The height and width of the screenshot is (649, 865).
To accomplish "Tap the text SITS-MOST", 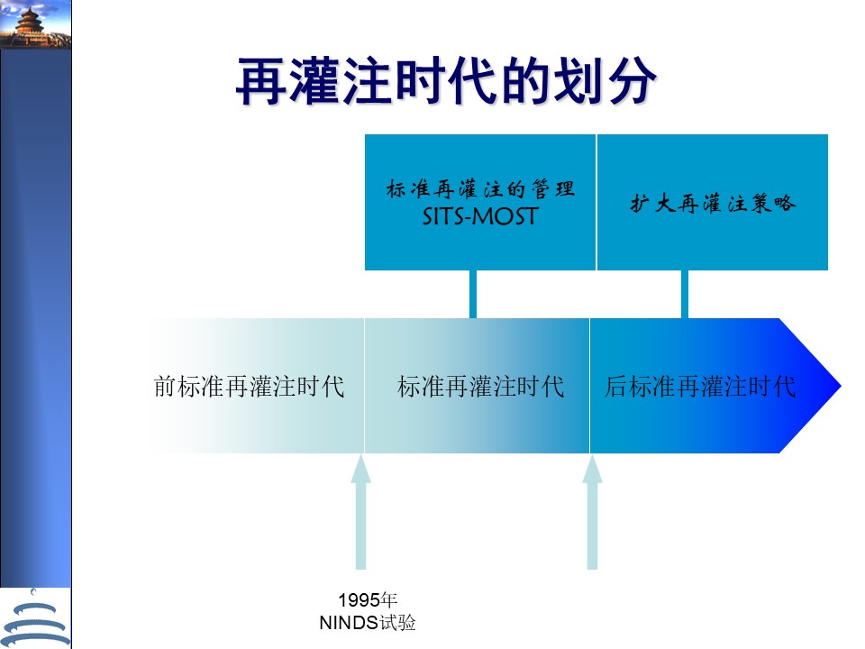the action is point(480,216).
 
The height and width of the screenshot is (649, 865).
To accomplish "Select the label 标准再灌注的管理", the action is point(480,189).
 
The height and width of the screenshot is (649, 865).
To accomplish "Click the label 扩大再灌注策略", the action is point(713,203).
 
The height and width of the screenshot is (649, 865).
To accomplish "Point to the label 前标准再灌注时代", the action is point(249,387).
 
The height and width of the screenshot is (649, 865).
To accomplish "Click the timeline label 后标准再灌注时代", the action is point(700,387).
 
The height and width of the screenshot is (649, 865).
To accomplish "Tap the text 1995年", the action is point(368,600).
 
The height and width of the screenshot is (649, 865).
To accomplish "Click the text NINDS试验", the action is point(368,623).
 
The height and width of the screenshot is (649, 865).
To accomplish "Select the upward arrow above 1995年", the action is point(360,512).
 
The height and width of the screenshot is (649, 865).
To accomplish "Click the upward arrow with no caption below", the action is point(593,512).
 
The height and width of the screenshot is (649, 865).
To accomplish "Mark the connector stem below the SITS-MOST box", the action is point(473,294).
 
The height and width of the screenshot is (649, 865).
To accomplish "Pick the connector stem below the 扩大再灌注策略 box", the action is point(685,294).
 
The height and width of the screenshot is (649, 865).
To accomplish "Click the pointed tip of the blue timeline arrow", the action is point(841,386).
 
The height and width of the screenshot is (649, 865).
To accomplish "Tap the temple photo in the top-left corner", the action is point(36,24).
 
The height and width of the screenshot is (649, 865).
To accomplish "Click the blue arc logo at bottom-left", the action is point(36,619).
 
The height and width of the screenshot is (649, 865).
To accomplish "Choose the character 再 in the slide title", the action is point(261,81).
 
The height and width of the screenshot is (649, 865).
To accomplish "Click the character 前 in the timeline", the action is point(165,387).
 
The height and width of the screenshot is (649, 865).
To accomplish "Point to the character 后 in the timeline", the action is point(616,387).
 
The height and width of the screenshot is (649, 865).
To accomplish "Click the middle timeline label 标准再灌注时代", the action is point(480,387).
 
